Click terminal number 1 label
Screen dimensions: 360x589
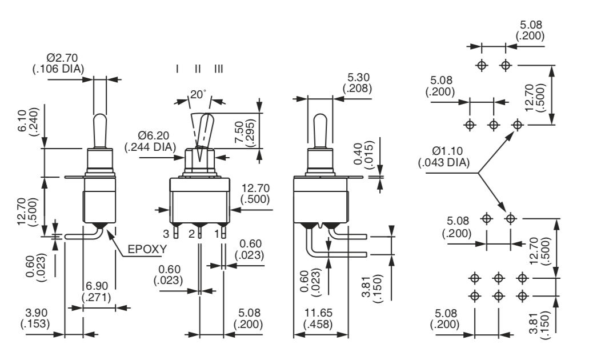coord(217,234)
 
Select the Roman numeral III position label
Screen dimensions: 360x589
coord(219,69)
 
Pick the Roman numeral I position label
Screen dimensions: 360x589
coord(178,69)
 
